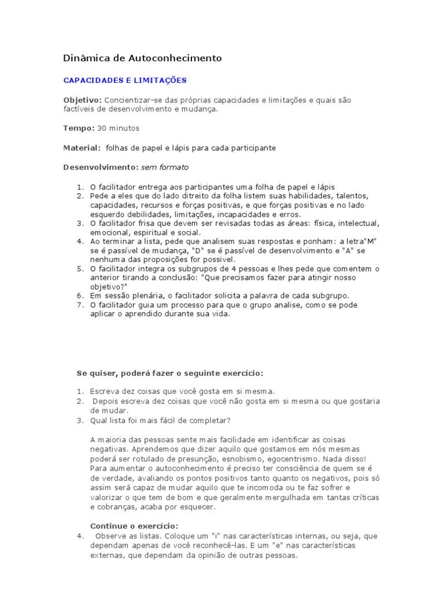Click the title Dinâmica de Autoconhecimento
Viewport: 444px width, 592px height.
tap(142, 58)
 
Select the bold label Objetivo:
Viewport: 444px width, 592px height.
tap(82, 100)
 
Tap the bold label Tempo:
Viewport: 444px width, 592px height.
tap(79, 128)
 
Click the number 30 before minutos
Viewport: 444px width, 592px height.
tap(102, 128)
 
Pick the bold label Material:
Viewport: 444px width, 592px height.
tap(82, 148)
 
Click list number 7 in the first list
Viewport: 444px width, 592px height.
tap(80, 305)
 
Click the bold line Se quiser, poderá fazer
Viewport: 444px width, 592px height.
tap(171, 373)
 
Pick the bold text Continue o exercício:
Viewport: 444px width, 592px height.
tap(135, 526)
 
